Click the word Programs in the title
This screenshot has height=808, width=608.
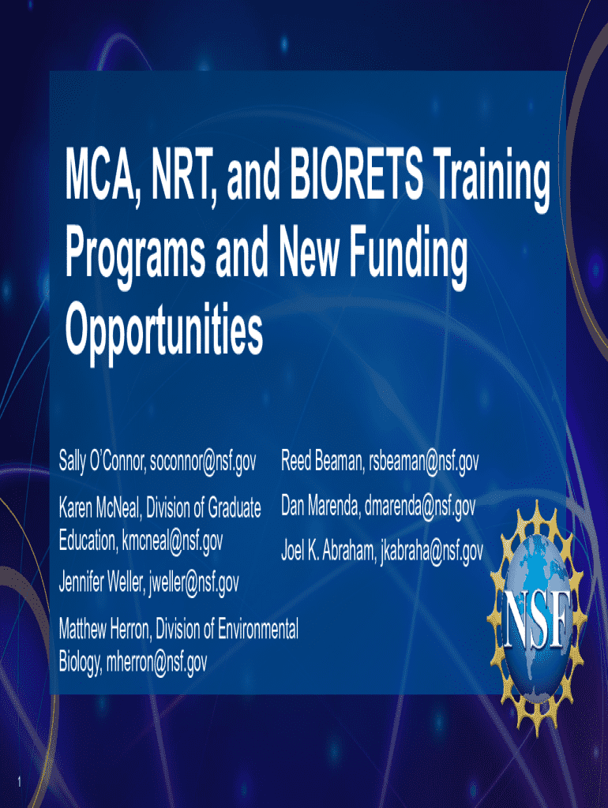point(134,259)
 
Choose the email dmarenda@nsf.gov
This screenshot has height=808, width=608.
point(420,507)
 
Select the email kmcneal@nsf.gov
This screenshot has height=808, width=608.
point(172,542)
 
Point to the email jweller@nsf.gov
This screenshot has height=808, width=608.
point(194,584)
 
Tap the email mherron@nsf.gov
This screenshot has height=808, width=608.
point(156,663)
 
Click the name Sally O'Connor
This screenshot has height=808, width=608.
point(102,461)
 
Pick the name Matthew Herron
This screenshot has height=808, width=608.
point(105,629)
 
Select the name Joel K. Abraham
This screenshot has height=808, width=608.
point(328,552)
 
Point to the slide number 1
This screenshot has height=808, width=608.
point(19,782)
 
